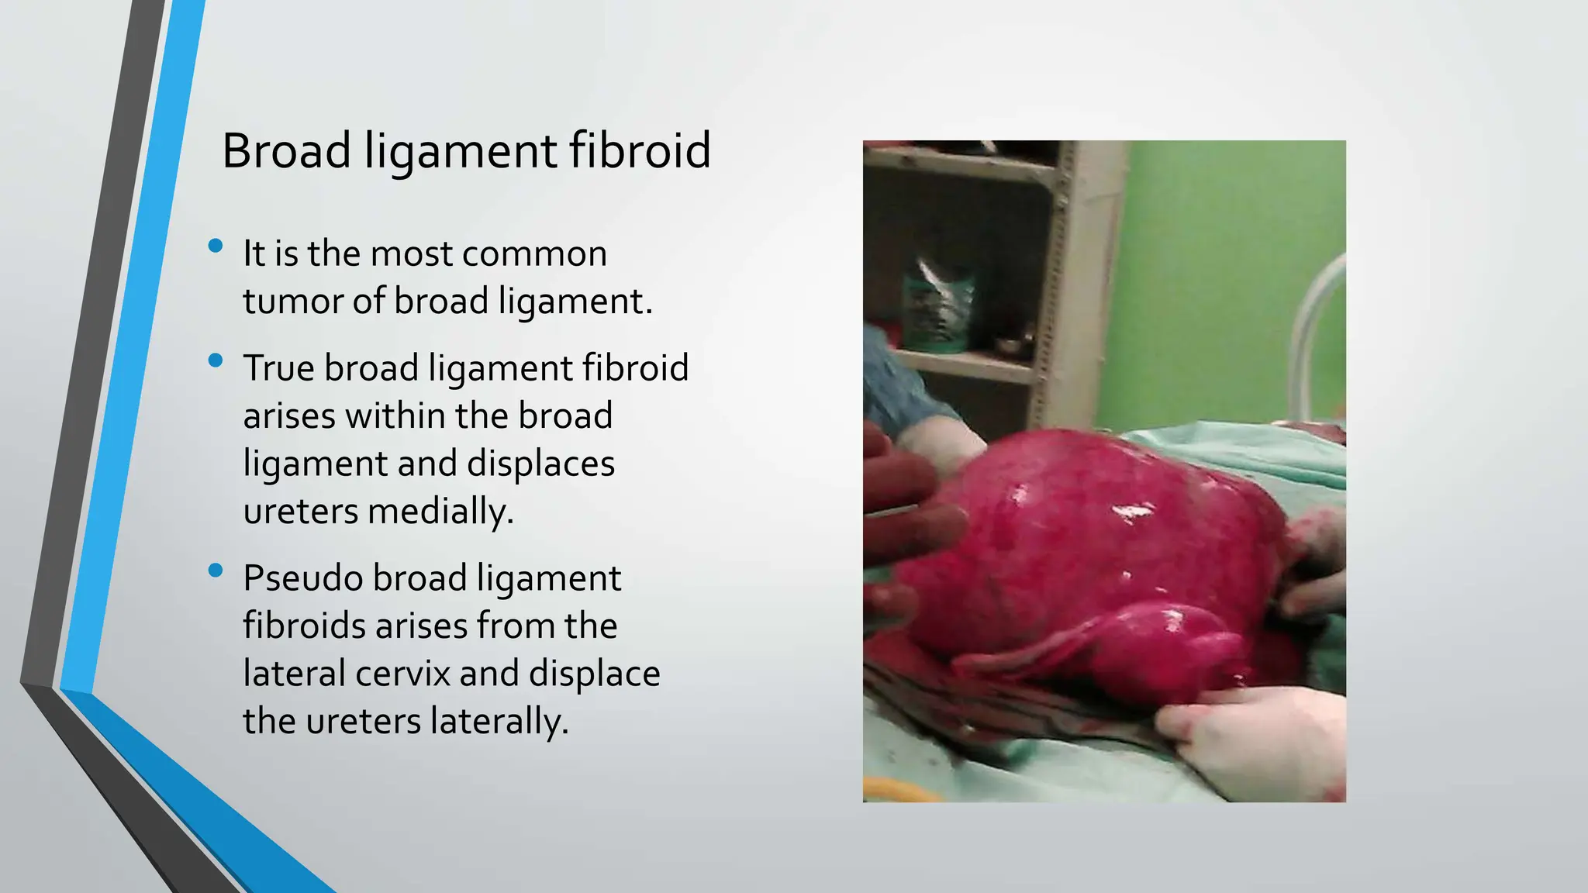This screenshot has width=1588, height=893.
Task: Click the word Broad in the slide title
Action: [x=286, y=150]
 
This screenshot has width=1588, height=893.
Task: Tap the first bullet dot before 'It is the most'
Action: [x=216, y=247]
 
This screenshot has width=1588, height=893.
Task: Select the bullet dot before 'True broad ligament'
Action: [x=216, y=360]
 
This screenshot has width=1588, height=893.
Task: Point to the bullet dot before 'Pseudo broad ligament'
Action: [x=216, y=571]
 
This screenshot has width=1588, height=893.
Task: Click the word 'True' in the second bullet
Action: [x=279, y=368]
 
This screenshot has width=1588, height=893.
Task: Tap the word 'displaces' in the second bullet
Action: [x=540, y=464]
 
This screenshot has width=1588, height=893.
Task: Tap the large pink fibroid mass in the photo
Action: [x=1086, y=558]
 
